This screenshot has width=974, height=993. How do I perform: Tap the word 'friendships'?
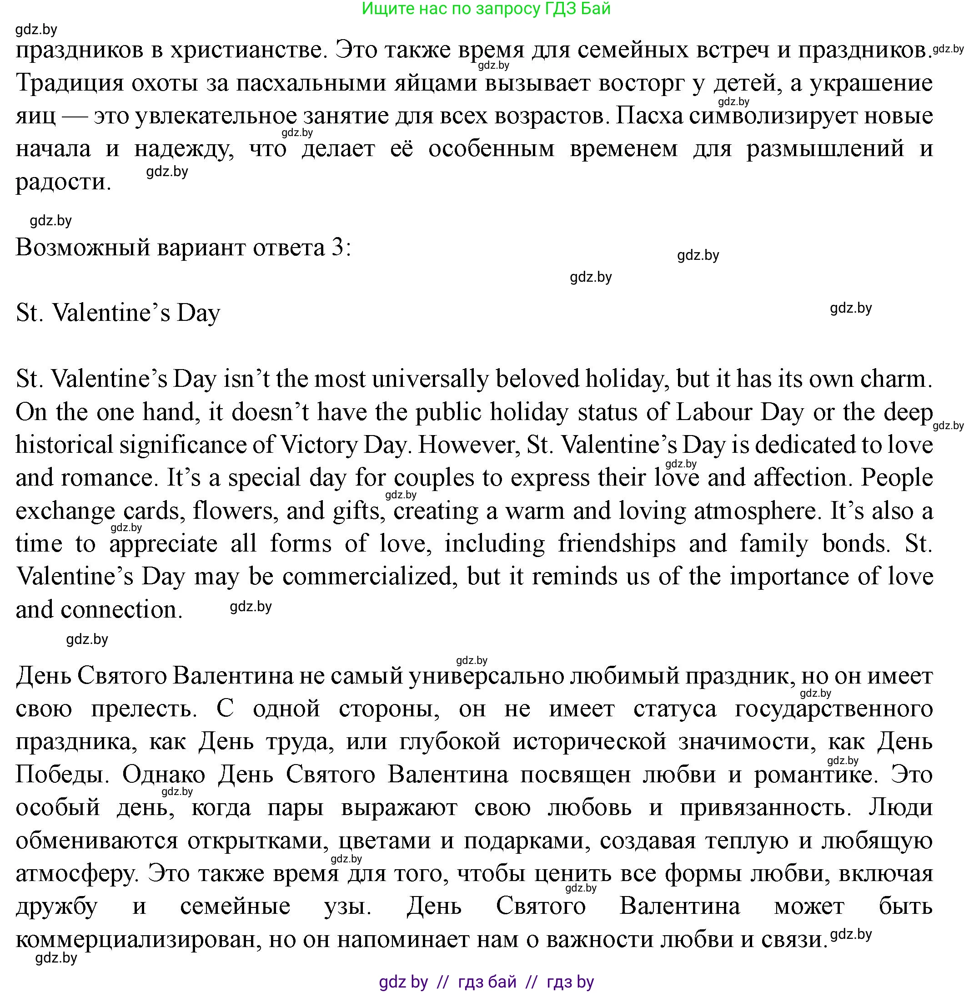click(x=617, y=543)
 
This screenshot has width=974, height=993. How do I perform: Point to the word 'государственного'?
click(x=834, y=709)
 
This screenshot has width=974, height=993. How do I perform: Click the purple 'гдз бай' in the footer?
click(x=487, y=982)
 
